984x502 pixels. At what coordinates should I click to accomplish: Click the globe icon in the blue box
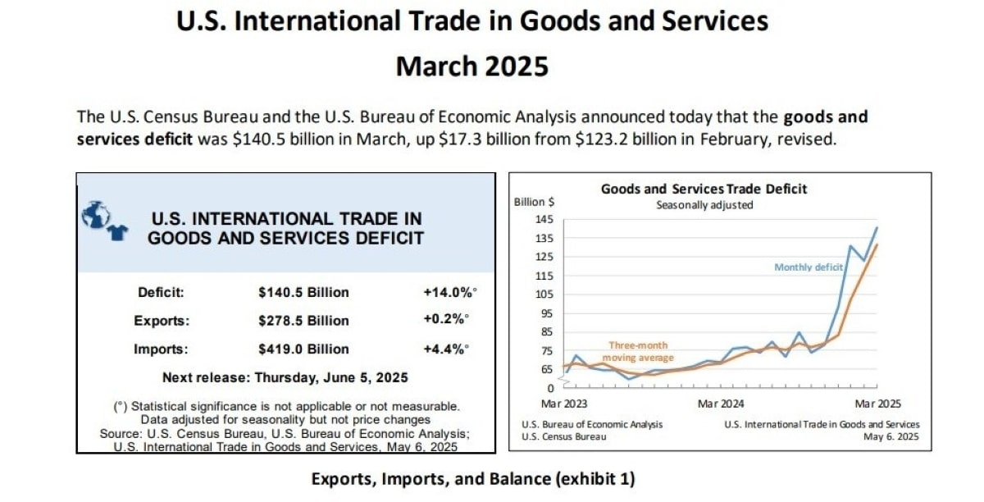click(95, 215)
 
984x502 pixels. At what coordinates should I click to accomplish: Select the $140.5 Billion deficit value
click(303, 293)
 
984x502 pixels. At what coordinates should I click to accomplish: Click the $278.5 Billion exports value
click(303, 321)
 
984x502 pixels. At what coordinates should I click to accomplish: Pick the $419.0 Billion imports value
click(303, 349)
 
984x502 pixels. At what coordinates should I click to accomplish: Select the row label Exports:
click(162, 321)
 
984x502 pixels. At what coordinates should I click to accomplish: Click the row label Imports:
click(162, 349)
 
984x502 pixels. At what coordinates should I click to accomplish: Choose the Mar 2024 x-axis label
click(720, 404)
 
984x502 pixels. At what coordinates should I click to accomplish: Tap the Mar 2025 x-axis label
click(877, 404)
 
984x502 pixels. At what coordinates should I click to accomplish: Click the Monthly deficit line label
click(809, 267)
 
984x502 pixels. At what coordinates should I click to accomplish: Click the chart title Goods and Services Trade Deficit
click(704, 189)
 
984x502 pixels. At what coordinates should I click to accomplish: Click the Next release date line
click(285, 378)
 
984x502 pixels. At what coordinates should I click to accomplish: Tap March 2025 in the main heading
click(472, 66)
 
